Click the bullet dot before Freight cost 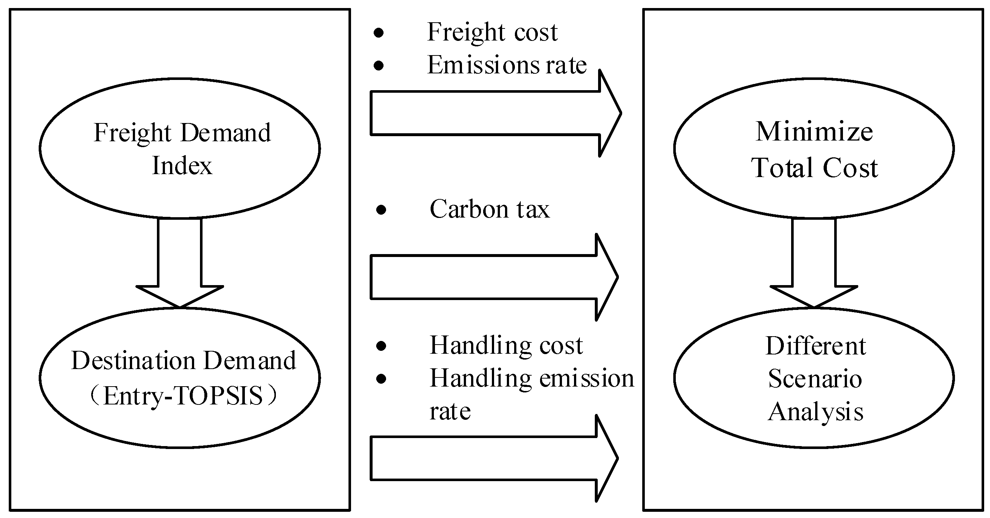[378, 33]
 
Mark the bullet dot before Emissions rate [378, 66]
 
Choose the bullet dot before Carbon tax [381, 210]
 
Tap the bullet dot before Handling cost [381, 346]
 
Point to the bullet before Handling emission [381, 379]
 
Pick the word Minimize [814, 132]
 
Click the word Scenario [815, 379]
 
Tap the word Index [182, 166]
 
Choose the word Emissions [483, 65]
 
